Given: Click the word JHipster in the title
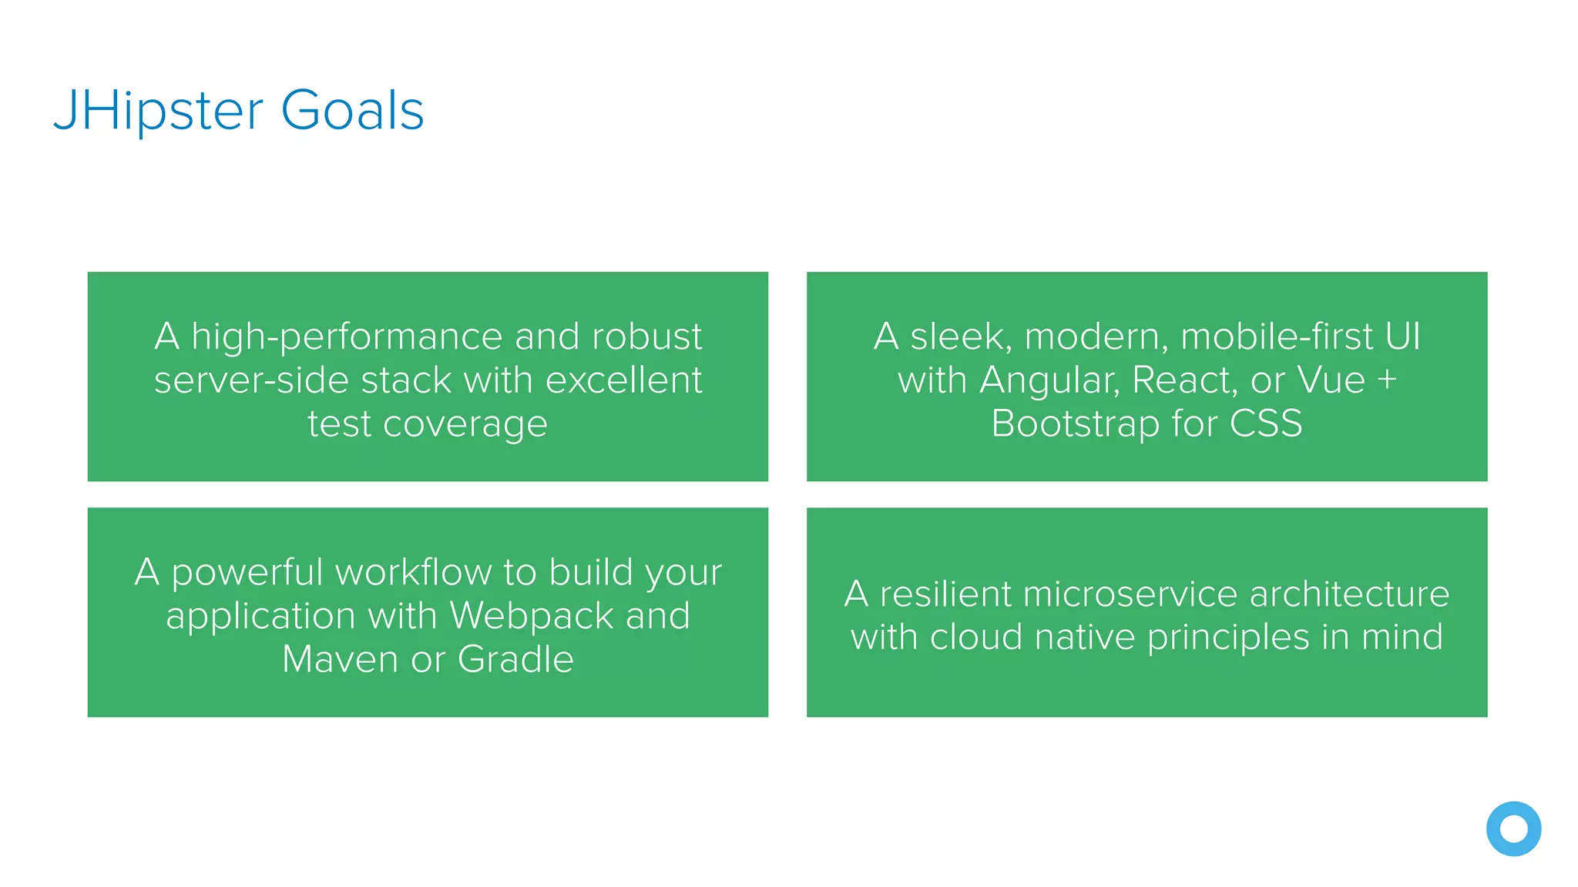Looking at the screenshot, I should click(x=158, y=111).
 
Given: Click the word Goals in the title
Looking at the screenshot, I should click(x=352, y=111).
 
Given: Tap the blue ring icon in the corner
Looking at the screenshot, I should click(x=1513, y=828).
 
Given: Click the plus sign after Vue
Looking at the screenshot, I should click(x=1387, y=381).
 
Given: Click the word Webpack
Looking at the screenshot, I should click(x=531, y=616).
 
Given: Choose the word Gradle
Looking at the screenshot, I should click(x=515, y=660).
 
